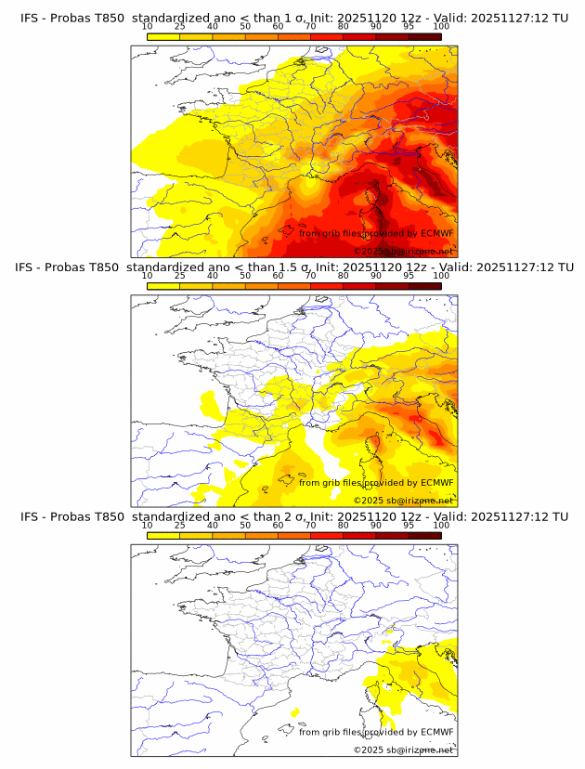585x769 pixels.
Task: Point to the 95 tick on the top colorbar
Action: coord(409,26)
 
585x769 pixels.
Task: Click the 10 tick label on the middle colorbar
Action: coord(147,276)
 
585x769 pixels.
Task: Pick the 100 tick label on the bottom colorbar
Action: coord(441,525)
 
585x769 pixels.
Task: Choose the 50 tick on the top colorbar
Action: coord(245,26)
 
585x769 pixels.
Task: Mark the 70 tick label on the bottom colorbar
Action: coord(310,525)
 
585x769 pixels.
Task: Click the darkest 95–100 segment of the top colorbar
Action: coord(424,37)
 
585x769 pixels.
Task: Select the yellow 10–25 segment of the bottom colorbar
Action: coord(163,535)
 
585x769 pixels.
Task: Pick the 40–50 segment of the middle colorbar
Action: coord(228,286)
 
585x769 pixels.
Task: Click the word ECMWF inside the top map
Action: coord(436,233)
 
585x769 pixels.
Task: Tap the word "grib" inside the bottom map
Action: coord(335,732)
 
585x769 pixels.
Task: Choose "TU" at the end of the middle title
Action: coord(561,267)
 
